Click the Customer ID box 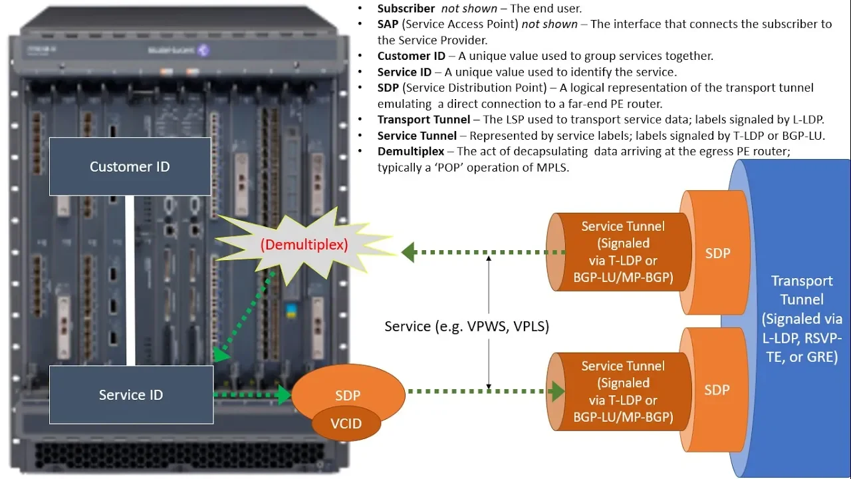point(130,166)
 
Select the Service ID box point(131,395)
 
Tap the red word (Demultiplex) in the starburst point(304,244)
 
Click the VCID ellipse point(346,423)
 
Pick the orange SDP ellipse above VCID point(348,392)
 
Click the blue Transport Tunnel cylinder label point(801,319)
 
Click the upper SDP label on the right point(717,253)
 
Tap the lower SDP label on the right point(717,389)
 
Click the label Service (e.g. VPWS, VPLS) point(467,327)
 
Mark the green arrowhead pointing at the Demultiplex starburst point(408,251)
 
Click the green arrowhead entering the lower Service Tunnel point(557,391)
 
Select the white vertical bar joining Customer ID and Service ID point(130,280)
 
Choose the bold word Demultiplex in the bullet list point(411,152)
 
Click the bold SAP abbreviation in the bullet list point(388,25)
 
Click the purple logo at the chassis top point(203,50)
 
